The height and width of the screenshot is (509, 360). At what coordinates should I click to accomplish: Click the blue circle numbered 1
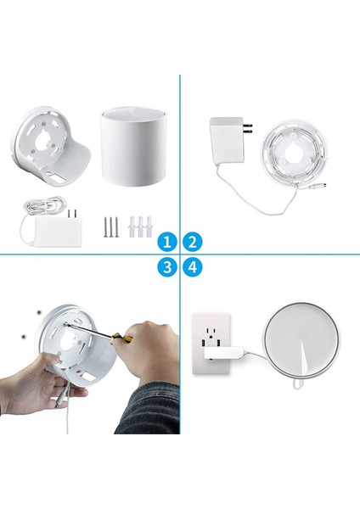click(x=168, y=242)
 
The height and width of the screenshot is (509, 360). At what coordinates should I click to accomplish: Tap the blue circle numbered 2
click(x=193, y=242)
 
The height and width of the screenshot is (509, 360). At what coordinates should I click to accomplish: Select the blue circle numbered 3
click(x=168, y=266)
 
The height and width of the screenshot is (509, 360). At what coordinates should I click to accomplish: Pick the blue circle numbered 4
click(x=193, y=266)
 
